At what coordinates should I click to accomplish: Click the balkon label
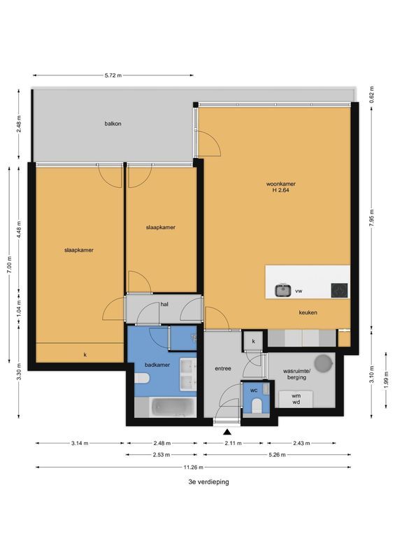[x=113, y=124]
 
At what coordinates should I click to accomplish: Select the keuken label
[x=308, y=313]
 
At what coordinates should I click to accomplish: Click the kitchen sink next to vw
[x=283, y=290]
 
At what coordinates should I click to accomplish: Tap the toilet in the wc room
[x=257, y=407]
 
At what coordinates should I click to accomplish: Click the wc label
[x=254, y=391]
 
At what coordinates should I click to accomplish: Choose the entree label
[x=223, y=368]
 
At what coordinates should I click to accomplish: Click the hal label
[x=164, y=304]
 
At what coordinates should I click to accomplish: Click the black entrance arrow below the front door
[x=226, y=435]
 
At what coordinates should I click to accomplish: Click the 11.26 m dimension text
[x=193, y=467]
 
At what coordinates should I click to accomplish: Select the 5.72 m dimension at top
[x=113, y=75]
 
